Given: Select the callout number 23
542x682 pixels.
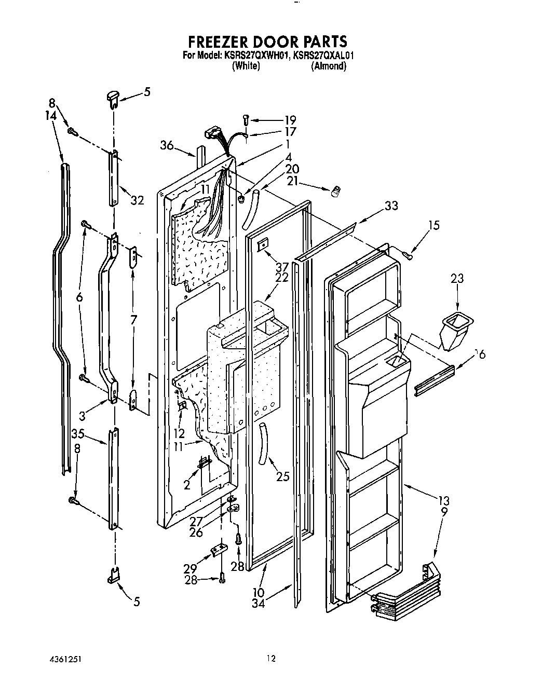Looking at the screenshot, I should coord(457,279).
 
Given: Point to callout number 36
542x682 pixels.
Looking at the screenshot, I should coord(167,146).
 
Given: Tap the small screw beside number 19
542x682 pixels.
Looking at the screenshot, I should coord(246,120).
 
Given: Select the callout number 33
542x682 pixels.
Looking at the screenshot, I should coord(391,206).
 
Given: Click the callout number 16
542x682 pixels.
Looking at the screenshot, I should coord(480,354).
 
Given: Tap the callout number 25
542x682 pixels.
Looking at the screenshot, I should coord(282,477).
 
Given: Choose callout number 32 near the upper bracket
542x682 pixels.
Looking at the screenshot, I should coord(137,200).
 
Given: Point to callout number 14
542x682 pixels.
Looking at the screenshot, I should coord(50,117).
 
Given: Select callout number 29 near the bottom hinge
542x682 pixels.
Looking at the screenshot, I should coord(189,568).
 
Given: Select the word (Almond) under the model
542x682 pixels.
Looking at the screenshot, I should coord(328,66).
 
